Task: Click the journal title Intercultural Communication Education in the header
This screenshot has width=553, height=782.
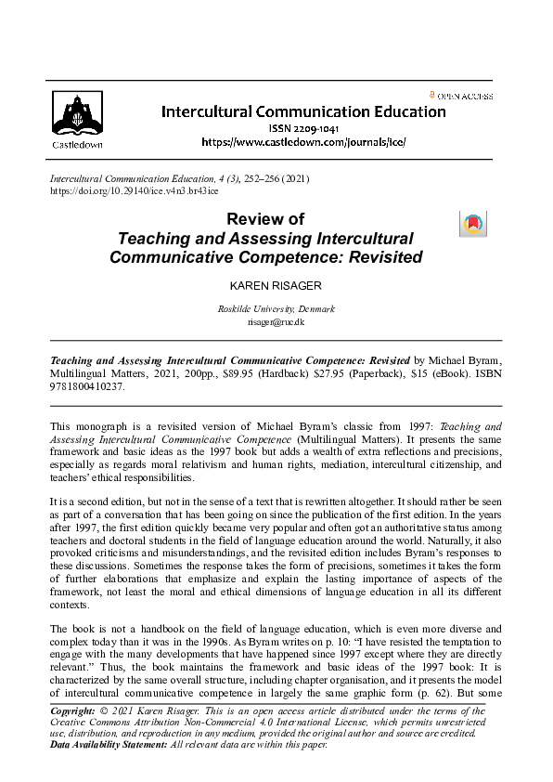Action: [x=303, y=111]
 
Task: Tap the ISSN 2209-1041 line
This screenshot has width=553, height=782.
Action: [x=303, y=128]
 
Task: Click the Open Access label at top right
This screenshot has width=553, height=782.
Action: [x=465, y=96]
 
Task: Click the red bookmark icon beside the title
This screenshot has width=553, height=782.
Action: [x=472, y=223]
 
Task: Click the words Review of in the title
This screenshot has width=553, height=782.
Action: [x=265, y=219]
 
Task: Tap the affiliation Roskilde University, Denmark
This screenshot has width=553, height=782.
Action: [x=275, y=309]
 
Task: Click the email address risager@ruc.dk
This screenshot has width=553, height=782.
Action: [x=275, y=322]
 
